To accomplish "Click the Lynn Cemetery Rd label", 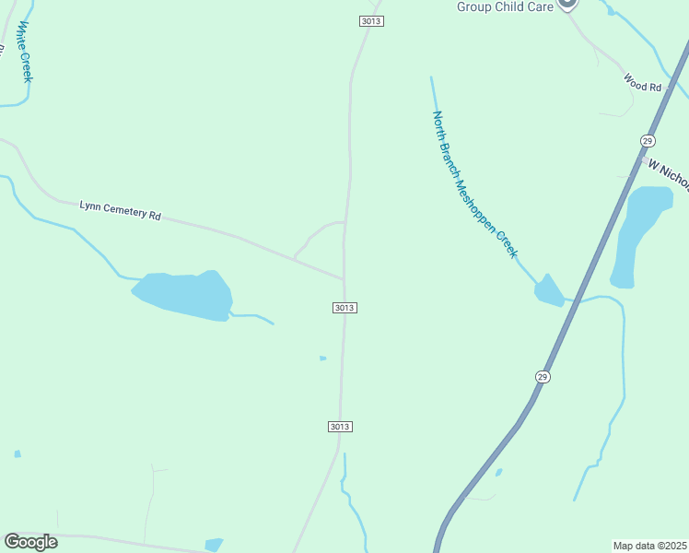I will point(121,211).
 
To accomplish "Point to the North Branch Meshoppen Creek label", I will point(474,184).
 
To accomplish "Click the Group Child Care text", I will point(505,6).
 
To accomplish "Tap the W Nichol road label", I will point(668,174).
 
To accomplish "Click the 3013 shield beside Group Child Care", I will point(370,21).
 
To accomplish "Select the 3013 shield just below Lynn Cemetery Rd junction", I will point(344,307).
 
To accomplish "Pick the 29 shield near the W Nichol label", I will point(648,140).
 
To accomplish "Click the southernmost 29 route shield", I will point(543,376).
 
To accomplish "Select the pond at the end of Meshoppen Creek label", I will point(548,291).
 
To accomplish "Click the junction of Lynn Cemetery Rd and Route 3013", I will point(344,276).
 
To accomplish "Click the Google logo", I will point(30,542).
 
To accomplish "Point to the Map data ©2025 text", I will point(650,545).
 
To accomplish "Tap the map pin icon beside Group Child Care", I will point(568,3).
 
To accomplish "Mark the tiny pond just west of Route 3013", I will point(322,358).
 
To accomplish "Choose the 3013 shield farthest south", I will point(340,426).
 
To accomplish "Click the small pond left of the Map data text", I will point(498,473).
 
